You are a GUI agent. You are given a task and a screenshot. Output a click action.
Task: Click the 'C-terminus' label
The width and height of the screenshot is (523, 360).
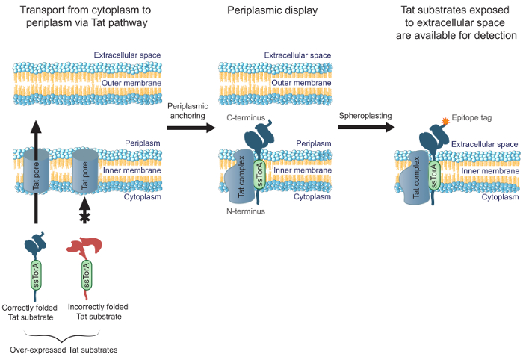coord(245,118)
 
